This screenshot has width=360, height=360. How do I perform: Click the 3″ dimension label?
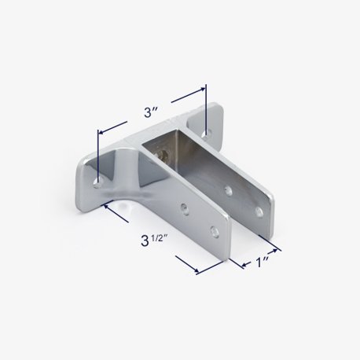(x=150, y=112)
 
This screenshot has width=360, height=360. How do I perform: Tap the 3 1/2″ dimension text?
(x=154, y=241)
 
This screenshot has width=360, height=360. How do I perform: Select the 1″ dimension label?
(x=262, y=262)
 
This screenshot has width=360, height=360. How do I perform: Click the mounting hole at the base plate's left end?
(x=99, y=182)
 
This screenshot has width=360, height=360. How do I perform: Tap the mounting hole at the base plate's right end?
(x=206, y=134)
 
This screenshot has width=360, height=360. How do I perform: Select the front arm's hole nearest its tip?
(x=215, y=232)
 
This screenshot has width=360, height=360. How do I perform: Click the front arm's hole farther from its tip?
(x=186, y=208)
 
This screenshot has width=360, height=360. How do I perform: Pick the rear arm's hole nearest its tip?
(x=259, y=212)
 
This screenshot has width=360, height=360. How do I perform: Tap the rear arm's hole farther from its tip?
(x=229, y=191)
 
